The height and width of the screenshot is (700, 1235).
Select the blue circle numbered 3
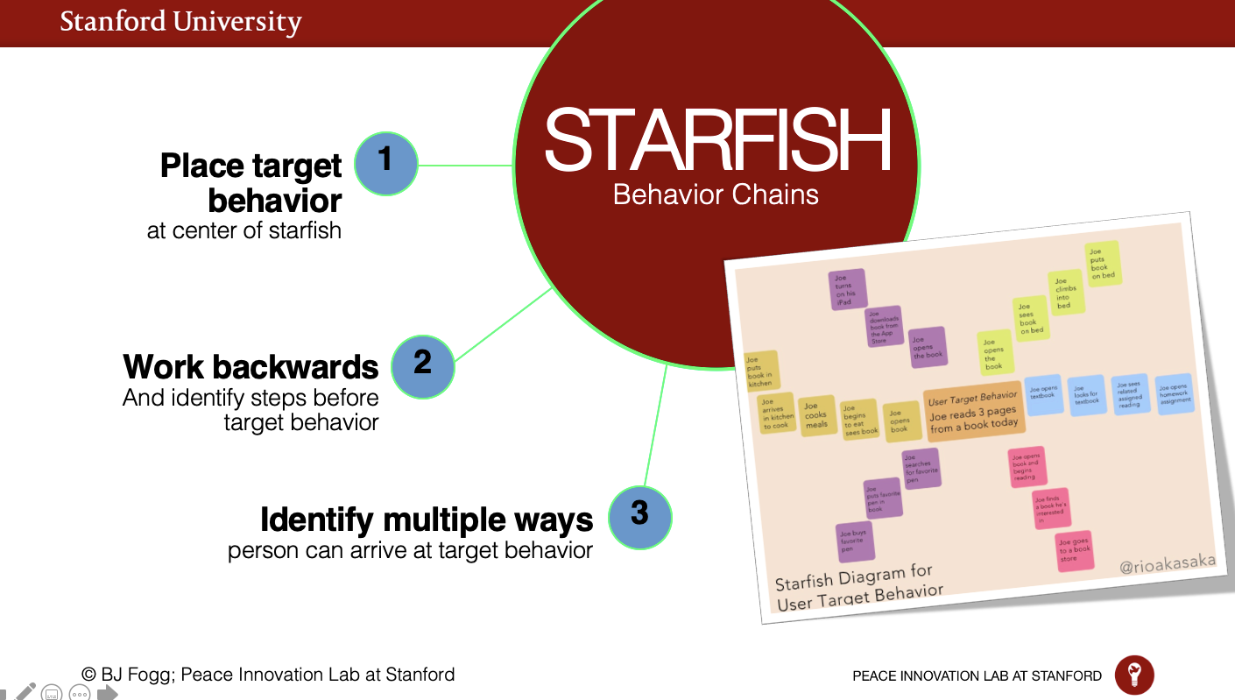click(x=639, y=517)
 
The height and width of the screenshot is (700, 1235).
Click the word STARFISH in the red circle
click(x=716, y=141)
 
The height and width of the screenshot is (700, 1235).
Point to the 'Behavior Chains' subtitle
click(x=716, y=194)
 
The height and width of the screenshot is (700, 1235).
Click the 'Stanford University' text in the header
click(x=180, y=22)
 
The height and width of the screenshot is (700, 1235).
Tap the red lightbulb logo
click(x=1134, y=675)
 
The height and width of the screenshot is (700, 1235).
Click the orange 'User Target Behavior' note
click(x=973, y=410)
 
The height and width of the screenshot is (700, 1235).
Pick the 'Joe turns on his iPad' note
click(x=847, y=290)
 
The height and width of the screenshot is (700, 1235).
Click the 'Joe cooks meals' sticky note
click(x=816, y=414)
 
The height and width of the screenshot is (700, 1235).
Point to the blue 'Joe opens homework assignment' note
click(x=1174, y=395)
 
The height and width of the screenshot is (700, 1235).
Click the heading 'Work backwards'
click(x=251, y=366)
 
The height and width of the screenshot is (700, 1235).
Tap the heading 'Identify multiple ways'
click(x=427, y=520)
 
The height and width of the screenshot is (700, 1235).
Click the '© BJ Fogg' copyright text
click(x=268, y=675)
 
